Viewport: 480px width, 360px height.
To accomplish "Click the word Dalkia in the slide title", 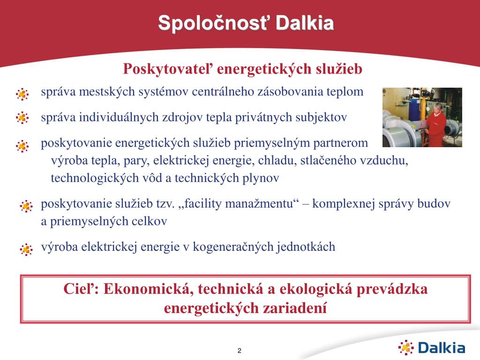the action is [x=305, y=23].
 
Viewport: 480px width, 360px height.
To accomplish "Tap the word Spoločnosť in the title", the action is [x=213, y=23].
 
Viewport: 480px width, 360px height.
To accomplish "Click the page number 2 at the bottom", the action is [x=240, y=351].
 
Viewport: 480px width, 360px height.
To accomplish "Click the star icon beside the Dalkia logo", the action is [x=406, y=347].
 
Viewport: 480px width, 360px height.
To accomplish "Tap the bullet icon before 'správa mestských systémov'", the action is [x=22, y=94].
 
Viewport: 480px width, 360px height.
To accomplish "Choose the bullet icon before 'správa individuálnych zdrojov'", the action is [x=22, y=118].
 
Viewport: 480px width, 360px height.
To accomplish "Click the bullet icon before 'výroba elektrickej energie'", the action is [x=26, y=249].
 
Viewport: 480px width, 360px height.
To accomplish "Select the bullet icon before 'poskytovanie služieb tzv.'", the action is [x=26, y=206].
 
